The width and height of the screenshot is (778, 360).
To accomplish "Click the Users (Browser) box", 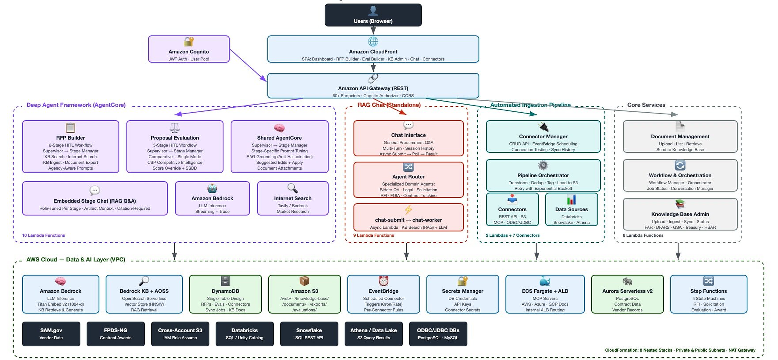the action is coord(373,15).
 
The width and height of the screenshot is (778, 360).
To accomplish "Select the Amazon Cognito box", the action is coord(189,49).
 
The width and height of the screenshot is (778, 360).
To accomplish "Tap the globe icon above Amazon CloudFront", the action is coord(373,41).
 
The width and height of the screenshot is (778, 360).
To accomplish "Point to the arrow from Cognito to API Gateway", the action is coord(248,65).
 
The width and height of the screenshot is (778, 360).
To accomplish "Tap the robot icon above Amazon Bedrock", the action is coord(212,188).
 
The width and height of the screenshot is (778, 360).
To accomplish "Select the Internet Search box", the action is coord(293,198).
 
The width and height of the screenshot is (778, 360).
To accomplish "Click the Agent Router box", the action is coord(408,180).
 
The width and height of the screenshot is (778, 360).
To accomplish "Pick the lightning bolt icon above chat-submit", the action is coord(408,210).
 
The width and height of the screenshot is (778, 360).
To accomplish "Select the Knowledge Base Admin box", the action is coord(680,214).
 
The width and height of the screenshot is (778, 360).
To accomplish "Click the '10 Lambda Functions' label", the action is coord(44,235).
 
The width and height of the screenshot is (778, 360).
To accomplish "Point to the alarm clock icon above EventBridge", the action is coord(383,281).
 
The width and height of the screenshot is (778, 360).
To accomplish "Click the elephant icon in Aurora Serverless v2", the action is coord(627,281).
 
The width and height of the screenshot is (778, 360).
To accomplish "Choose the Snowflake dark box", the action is coord(309,334).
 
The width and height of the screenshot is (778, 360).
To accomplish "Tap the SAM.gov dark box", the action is coord(51,334).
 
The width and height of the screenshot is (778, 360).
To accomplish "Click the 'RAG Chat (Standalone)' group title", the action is coord(389,105).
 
